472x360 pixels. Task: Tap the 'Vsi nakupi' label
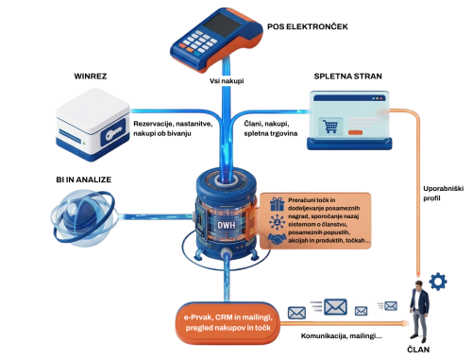click(228, 82)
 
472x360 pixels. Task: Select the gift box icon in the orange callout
click(277, 203)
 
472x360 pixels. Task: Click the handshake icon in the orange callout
click(277, 241)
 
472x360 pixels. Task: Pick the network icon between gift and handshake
click(277, 222)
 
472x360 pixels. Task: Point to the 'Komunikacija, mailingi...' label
click(341, 336)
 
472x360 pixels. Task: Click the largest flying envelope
click(335, 305)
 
